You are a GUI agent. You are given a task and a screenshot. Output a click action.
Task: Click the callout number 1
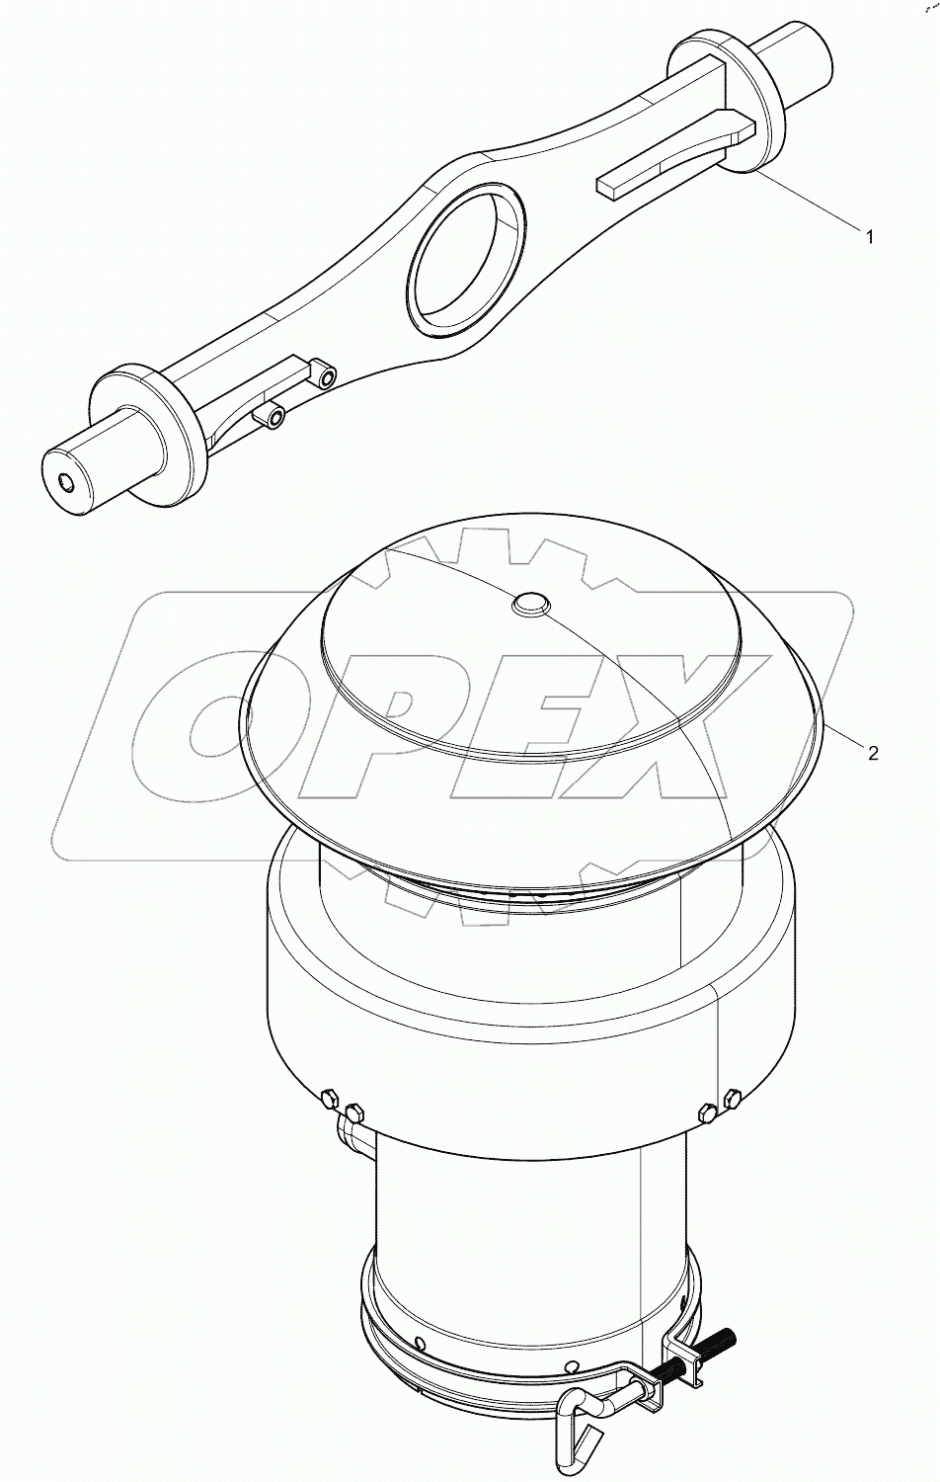tap(869, 236)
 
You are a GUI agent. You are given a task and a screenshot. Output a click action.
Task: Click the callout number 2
tap(873, 753)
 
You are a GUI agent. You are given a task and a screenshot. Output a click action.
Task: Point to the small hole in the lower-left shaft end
tap(66, 483)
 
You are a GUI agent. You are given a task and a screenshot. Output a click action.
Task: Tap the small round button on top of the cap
tap(530, 602)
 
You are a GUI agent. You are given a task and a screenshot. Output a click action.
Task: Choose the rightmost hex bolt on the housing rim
tap(732, 1098)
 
